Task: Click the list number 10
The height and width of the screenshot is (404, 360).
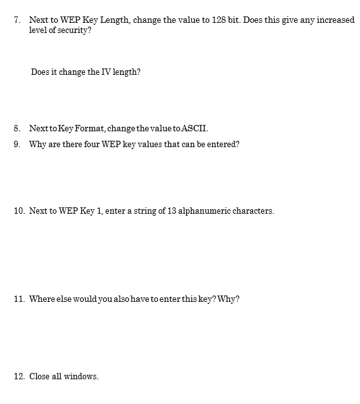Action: click(19, 211)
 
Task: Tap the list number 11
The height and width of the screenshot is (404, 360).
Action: click(19, 299)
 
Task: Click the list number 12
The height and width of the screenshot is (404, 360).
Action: click(19, 376)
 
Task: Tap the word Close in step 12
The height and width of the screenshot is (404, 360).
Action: click(39, 376)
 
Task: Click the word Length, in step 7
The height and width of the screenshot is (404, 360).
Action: click(117, 20)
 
